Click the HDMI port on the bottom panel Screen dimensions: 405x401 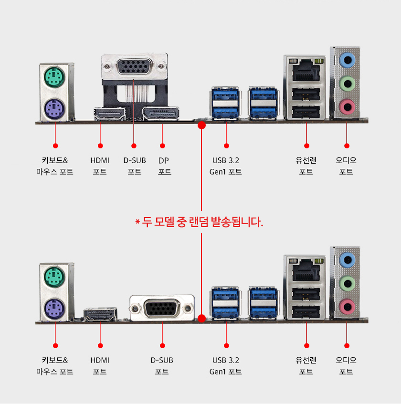pos(100,314)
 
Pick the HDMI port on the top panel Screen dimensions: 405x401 pos(109,114)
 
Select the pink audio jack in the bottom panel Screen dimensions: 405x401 pos(347,305)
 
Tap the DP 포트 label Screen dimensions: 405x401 pos(164,166)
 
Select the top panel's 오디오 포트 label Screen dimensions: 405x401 pos(346,166)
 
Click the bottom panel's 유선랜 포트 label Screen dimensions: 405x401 pos(306,366)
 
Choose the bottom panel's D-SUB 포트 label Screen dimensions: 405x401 pos(162,366)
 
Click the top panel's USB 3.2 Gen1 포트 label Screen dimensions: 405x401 pos(226,166)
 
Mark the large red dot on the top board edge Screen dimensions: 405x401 pos(201,125)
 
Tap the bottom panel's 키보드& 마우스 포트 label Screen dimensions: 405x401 pos(55,366)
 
